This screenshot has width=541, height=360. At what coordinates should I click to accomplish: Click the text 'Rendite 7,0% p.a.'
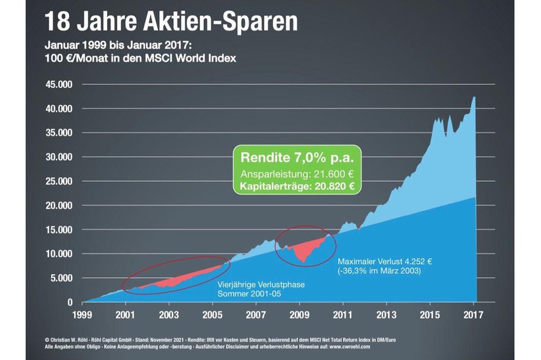(x=297, y=157)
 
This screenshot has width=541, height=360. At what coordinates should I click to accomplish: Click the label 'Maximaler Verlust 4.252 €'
(x=385, y=262)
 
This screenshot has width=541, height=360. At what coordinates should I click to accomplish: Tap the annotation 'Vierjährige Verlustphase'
(x=261, y=285)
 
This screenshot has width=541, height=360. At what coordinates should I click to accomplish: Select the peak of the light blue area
(x=474, y=97)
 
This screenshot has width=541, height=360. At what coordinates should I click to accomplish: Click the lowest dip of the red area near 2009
(x=303, y=262)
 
